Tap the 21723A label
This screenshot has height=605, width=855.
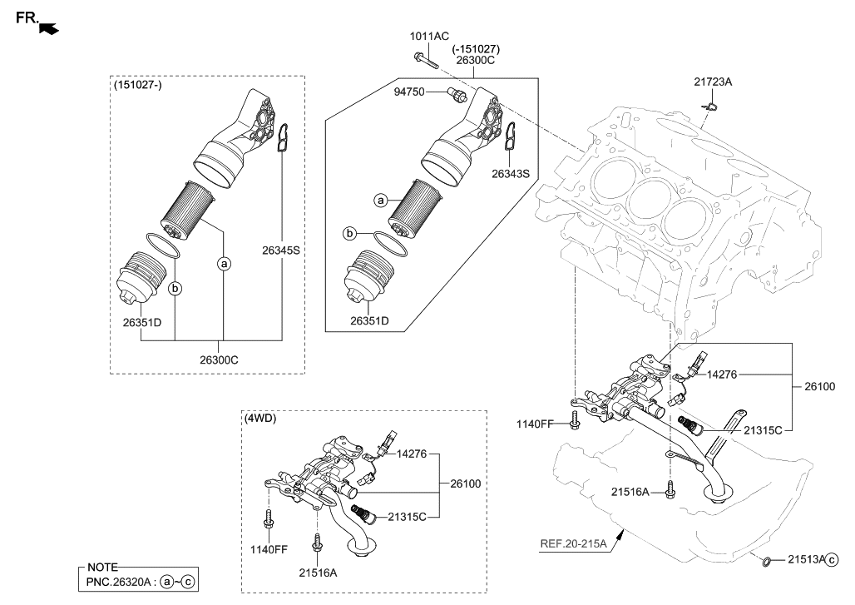(x=714, y=82)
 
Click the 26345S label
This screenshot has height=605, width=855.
(x=281, y=250)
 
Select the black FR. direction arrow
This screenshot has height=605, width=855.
(x=51, y=29)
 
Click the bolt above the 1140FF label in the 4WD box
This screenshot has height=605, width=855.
(x=269, y=517)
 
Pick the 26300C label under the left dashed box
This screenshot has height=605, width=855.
(x=220, y=360)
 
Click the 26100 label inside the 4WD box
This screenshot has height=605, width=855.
(x=465, y=484)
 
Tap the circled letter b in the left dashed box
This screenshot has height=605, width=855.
(x=175, y=288)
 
